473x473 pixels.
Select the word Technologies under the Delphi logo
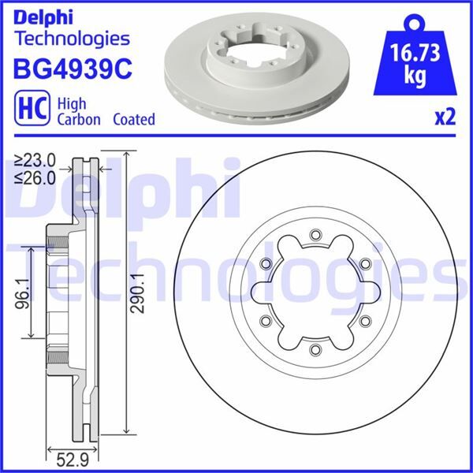pos(72,38)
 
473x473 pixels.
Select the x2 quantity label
pos(445,117)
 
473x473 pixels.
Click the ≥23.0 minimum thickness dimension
pos(35,158)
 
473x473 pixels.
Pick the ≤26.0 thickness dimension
pos(35,177)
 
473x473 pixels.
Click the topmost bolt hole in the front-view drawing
pos(315,233)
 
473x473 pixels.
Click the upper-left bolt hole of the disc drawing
pos(265,263)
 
